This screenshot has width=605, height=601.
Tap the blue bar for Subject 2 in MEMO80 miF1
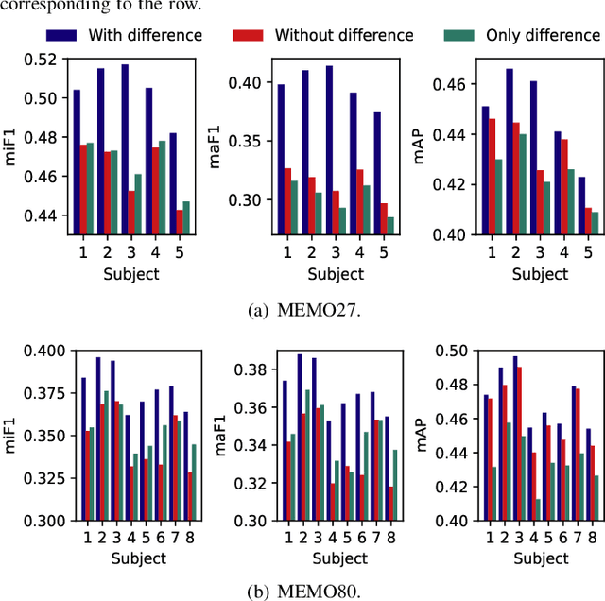tap(97, 438)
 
